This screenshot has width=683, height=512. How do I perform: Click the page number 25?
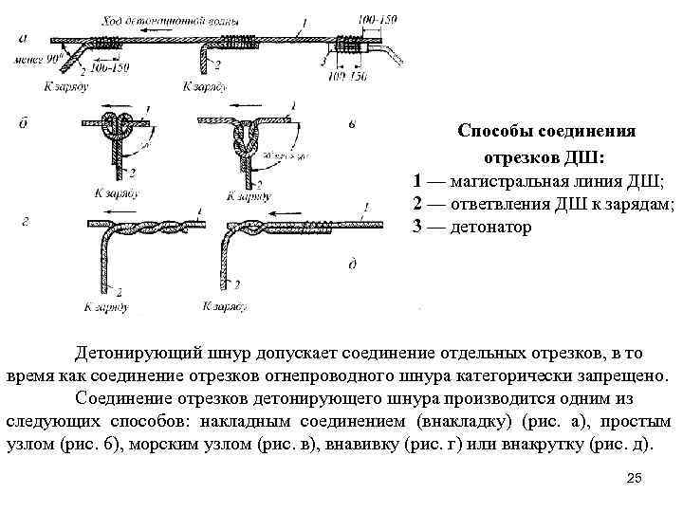pos(635,478)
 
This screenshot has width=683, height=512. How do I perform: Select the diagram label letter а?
pos(21,38)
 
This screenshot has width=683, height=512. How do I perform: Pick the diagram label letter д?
pos(352,263)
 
